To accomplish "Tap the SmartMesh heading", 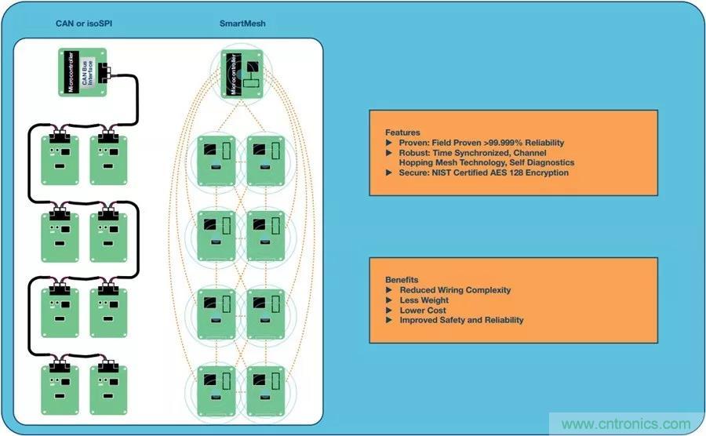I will tap(242, 24).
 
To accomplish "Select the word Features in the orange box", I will tap(402, 133).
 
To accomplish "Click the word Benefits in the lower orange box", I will tap(402, 280).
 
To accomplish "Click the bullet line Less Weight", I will tap(424, 300).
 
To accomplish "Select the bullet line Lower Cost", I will tap(424, 311).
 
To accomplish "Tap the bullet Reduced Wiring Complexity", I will tap(455, 290).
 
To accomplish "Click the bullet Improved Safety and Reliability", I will tap(461, 320).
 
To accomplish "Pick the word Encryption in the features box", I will tap(544, 173).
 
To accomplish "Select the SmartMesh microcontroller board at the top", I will tap(243, 74).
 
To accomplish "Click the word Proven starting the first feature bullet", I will tap(415, 143).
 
